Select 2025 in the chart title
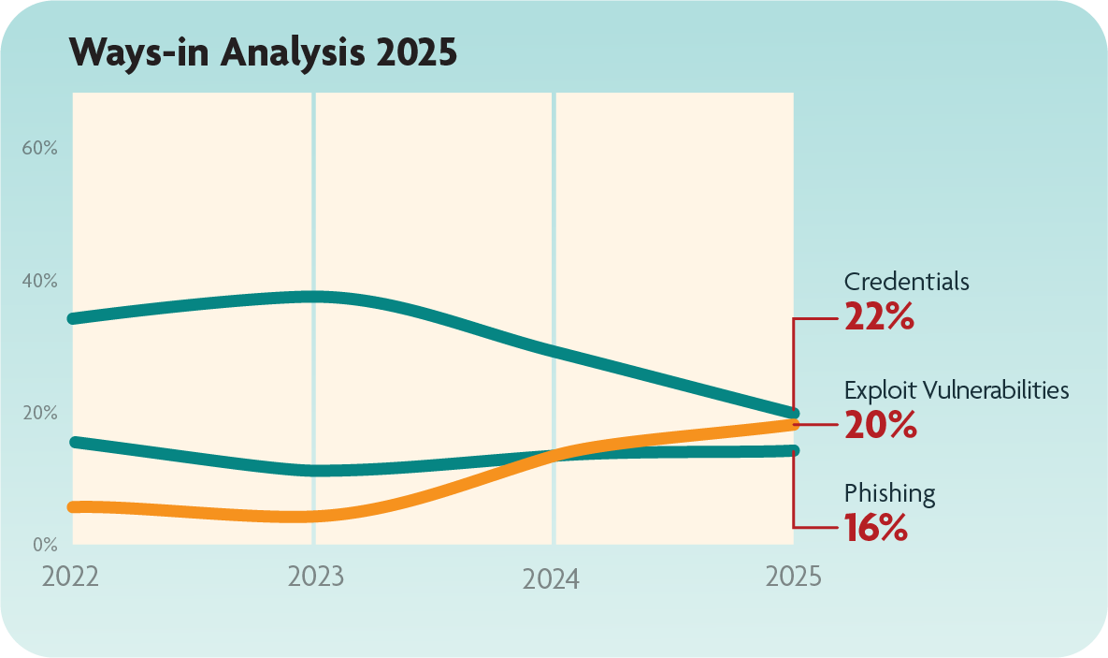(416, 54)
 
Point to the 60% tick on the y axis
(40, 148)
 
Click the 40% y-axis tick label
(40, 281)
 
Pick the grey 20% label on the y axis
(40, 413)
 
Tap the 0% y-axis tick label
(45, 544)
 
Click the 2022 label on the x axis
(70, 576)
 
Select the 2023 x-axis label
(315, 576)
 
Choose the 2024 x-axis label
(551, 579)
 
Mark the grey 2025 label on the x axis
(793, 576)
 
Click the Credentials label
(906, 282)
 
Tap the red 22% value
(878, 317)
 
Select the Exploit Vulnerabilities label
(956, 389)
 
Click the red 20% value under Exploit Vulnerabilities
(879, 425)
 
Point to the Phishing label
(889, 493)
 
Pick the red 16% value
(875, 529)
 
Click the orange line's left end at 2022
(76, 506)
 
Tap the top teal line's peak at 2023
(314, 297)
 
